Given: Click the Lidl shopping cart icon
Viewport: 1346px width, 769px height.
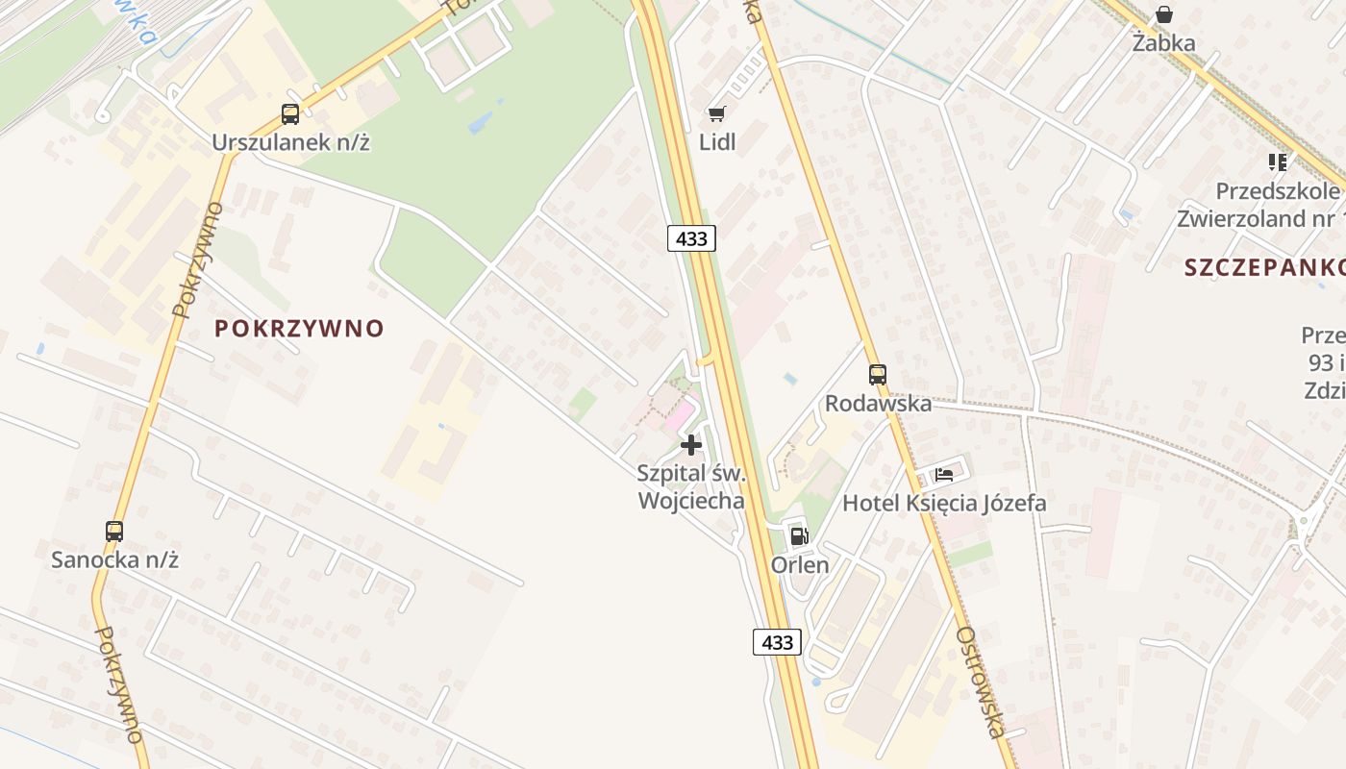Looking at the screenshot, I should coord(716,114).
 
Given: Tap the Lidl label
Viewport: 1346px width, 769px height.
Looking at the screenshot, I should coord(717,142).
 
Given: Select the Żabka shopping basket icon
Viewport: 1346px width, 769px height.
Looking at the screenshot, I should coord(1163,14).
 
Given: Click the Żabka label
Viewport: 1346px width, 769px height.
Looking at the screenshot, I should coord(1163,43).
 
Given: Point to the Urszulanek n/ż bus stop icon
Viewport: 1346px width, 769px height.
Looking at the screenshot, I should coord(290,114).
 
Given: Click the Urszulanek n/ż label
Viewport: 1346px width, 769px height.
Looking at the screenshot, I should coord(291,143).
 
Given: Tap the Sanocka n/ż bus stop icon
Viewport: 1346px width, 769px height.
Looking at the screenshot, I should coord(114,531).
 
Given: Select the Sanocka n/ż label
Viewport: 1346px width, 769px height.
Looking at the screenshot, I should coord(115,559).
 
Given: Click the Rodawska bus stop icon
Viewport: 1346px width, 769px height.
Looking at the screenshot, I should coord(878,375).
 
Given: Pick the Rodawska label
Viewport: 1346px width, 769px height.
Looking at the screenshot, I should coord(878,403).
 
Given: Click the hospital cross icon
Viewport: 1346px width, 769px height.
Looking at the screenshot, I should coord(690,445).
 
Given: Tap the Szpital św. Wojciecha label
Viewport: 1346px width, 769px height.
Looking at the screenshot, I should coord(691,486).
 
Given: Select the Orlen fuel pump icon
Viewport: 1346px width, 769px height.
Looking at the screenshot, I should coord(799,536).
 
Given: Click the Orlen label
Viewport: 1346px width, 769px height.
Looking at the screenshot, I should coord(800,564).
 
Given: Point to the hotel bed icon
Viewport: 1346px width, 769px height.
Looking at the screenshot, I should coord(944,475).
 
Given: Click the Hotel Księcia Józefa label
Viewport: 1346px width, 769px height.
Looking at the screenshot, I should coord(944,503).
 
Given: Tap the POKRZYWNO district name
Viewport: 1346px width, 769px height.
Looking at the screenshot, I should coord(299,329).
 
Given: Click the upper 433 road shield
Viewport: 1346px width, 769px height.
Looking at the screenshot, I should coord(692,238).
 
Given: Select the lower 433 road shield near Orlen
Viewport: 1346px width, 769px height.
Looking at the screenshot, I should coord(777,642).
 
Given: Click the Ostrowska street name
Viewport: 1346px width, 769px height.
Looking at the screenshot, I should coord(982,682).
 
